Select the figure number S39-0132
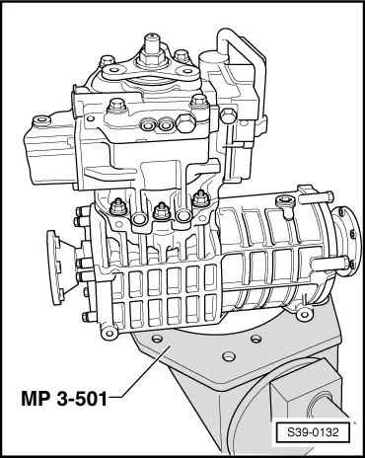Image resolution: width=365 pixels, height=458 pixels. click(312, 431)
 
